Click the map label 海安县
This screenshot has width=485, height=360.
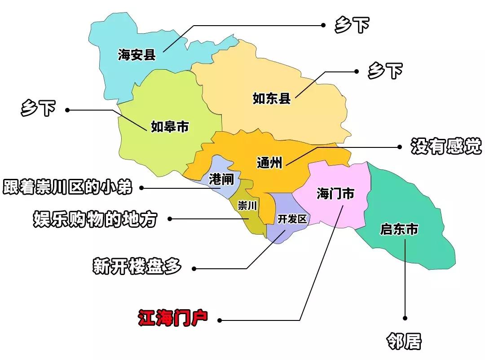click(137, 55)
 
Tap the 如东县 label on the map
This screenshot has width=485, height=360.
click(272, 98)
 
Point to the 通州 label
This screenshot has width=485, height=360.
click(269, 162)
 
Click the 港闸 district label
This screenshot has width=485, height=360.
click(221, 180)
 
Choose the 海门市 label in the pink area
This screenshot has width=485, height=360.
click(335, 194)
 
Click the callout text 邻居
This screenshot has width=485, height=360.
click(404, 342)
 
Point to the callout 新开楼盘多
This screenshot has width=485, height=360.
click(137, 267)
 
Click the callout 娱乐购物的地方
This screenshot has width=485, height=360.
click(95, 219)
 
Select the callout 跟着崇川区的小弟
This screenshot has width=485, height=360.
click(68, 187)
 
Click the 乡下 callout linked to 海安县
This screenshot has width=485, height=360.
click(352, 26)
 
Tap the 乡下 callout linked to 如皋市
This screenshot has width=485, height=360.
click(38, 109)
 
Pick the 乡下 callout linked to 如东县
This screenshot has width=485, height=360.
click(385, 71)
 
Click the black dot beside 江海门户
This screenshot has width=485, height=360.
click(219, 320)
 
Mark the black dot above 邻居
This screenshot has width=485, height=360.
click(405, 318)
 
